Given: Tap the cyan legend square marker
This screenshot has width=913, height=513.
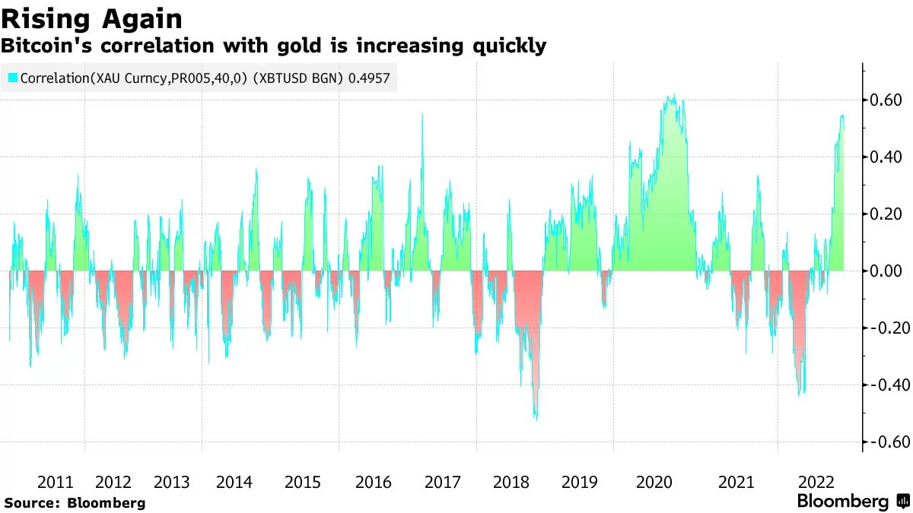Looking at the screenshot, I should pyautogui.click(x=13, y=78).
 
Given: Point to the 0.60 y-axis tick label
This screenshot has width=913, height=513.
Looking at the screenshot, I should pyautogui.click(x=886, y=100).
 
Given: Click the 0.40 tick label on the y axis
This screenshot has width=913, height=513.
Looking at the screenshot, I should pyautogui.click(x=886, y=157).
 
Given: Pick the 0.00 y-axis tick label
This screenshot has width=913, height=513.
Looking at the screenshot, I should pyautogui.click(x=886, y=271).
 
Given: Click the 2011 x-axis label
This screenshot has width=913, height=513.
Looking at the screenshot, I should pyautogui.click(x=55, y=482).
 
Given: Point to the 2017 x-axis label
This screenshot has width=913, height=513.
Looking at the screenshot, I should pyautogui.click(x=443, y=482).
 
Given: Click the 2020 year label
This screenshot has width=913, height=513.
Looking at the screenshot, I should pyautogui.click(x=654, y=482).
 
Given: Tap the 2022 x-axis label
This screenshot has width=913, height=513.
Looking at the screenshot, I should pyautogui.click(x=818, y=482).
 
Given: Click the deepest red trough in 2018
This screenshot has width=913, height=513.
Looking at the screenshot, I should pyautogui.click(x=536, y=419).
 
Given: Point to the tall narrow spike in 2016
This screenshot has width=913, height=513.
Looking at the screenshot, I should pyautogui.click(x=422, y=114).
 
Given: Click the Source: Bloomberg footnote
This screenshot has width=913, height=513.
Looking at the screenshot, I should pyautogui.click(x=74, y=503).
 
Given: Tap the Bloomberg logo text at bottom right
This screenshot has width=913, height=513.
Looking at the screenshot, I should pyautogui.click(x=842, y=502).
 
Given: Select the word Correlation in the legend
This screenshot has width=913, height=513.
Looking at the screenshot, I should pyautogui.click(x=53, y=78).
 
